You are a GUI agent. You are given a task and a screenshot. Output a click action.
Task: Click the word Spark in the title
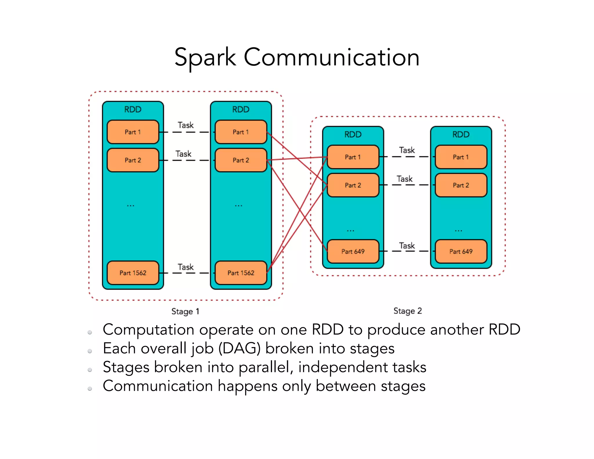click(x=205, y=57)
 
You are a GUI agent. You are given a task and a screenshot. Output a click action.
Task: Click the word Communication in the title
click(x=332, y=57)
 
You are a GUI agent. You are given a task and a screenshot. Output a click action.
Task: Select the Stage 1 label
click(x=185, y=311)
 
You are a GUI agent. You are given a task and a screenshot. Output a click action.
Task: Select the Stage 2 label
click(x=408, y=311)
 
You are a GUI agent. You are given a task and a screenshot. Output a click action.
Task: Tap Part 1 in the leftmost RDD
click(x=133, y=132)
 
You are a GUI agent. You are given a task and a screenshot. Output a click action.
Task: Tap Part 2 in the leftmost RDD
click(x=133, y=160)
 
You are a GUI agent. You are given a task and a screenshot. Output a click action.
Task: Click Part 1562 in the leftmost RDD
click(x=133, y=273)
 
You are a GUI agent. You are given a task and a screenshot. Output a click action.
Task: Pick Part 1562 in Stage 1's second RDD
click(x=241, y=273)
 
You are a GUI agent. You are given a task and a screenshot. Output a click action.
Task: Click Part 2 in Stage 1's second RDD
click(x=241, y=160)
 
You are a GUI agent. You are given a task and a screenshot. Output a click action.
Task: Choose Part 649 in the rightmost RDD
click(x=461, y=252)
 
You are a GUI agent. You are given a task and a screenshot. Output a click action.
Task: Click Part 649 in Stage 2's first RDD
click(x=353, y=252)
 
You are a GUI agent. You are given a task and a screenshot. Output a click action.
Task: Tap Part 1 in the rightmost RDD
click(x=461, y=157)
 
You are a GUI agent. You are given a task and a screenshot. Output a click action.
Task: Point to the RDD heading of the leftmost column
click(x=133, y=109)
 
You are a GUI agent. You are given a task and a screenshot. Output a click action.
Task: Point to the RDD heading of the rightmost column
click(x=461, y=134)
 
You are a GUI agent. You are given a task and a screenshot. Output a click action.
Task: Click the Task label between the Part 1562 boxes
click(x=186, y=267)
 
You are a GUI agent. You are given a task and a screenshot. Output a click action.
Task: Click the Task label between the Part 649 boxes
click(x=407, y=246)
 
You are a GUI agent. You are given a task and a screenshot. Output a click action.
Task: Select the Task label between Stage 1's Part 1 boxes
click(x=186, y=125)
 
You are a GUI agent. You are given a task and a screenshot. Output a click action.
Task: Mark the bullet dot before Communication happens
click(x=90, y=389)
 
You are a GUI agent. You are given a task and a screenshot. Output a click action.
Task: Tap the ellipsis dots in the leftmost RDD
click(x=131, y=206)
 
